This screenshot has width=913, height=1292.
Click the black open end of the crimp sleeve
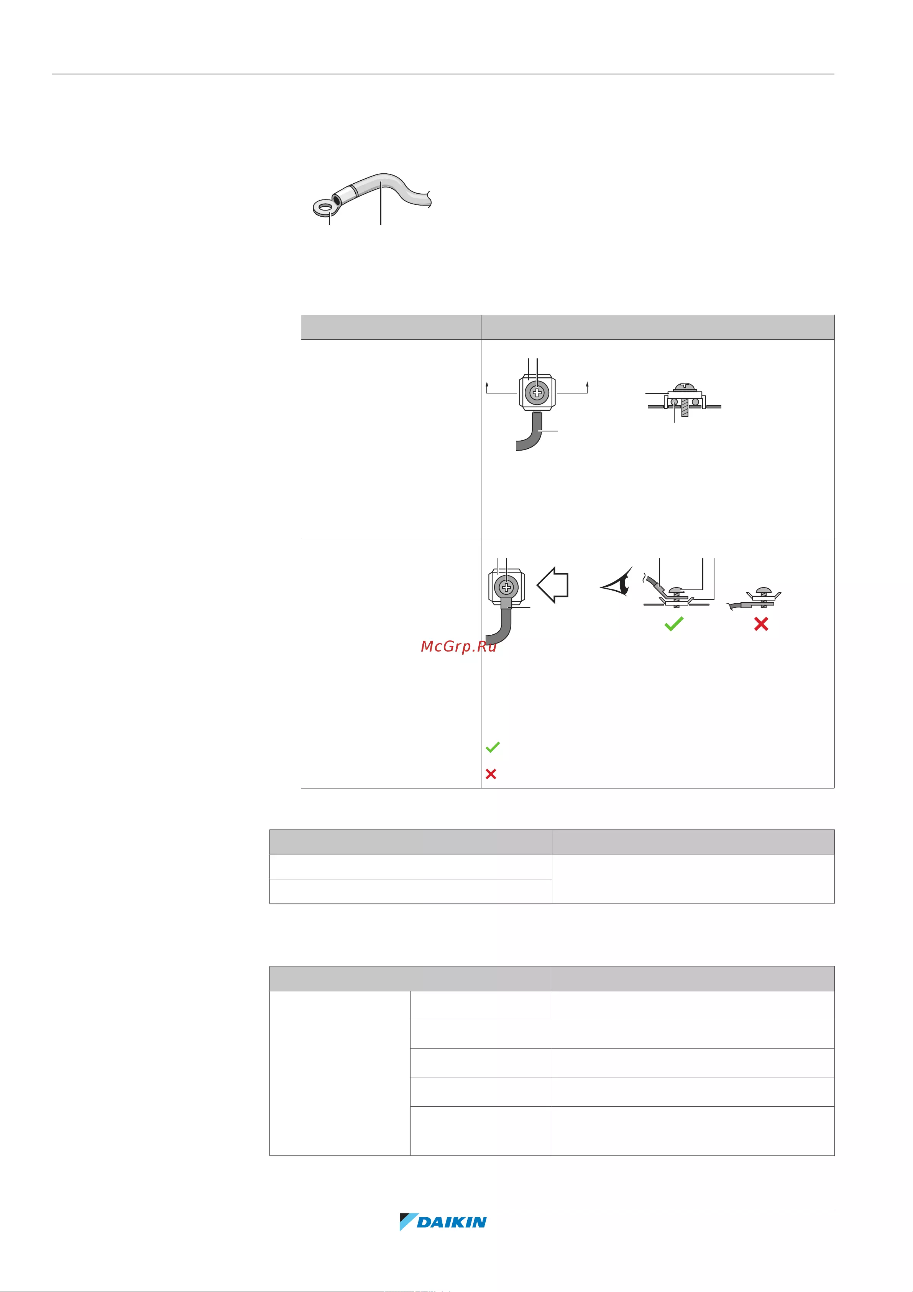337,200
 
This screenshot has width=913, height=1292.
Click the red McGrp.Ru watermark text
458,647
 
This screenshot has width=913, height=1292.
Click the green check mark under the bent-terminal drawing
674,624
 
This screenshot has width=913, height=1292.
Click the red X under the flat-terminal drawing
761,624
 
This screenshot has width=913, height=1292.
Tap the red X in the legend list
491,774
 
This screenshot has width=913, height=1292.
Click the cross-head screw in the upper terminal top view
537,392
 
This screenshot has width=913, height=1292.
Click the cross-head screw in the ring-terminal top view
507,588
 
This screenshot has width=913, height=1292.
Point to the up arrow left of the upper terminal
487,386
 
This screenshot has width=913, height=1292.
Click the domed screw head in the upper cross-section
685,387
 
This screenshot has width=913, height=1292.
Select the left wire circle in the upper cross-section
674,402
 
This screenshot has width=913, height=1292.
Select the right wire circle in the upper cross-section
696,402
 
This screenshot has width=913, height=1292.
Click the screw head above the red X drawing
764,590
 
